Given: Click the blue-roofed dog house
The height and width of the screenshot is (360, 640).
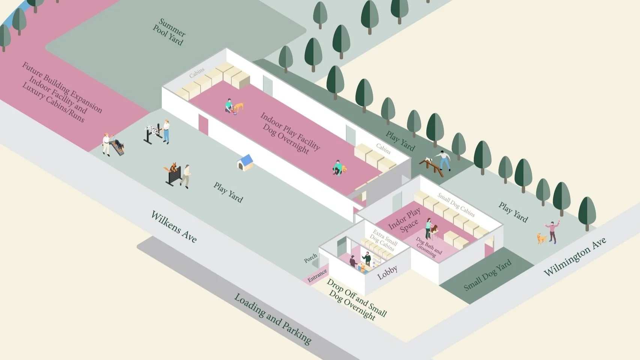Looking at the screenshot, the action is pyautogui.click(x=245, y=163).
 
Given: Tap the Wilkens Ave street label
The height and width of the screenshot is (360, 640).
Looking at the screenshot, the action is pyautogui.click(x=174, y=226).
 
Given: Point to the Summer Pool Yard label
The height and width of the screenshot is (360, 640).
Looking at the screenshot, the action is pyautogui.click(x=169, y=32).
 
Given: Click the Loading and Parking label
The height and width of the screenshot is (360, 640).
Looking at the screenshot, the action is pyautogui.click(x=273, y=319).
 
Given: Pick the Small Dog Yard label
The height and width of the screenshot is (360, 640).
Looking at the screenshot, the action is pyautogui.click(x=487, y=275).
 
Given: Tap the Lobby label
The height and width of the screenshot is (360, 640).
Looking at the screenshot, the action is pyautogui.click(x=387, y=272).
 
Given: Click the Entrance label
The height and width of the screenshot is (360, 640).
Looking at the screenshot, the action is pyautogui.click(x=317, y=276).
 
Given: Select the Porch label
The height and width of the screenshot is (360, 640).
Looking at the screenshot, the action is pyautogui.click(x=310, y=258).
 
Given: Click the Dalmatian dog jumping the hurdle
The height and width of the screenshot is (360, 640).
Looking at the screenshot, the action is pyautogui.click(x=153, y=130).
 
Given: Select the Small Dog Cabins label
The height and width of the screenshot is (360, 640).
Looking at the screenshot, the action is pyautogui.click(x=456, y=205).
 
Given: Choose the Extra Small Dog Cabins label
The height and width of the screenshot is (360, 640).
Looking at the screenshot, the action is pyautogui.click(x=383, y=240).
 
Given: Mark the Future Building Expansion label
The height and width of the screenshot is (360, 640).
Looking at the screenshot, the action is pyautogui.click(x=62, y=92).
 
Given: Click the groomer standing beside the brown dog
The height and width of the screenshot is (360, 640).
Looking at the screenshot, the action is pyautogui.click(x=428, y=227).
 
